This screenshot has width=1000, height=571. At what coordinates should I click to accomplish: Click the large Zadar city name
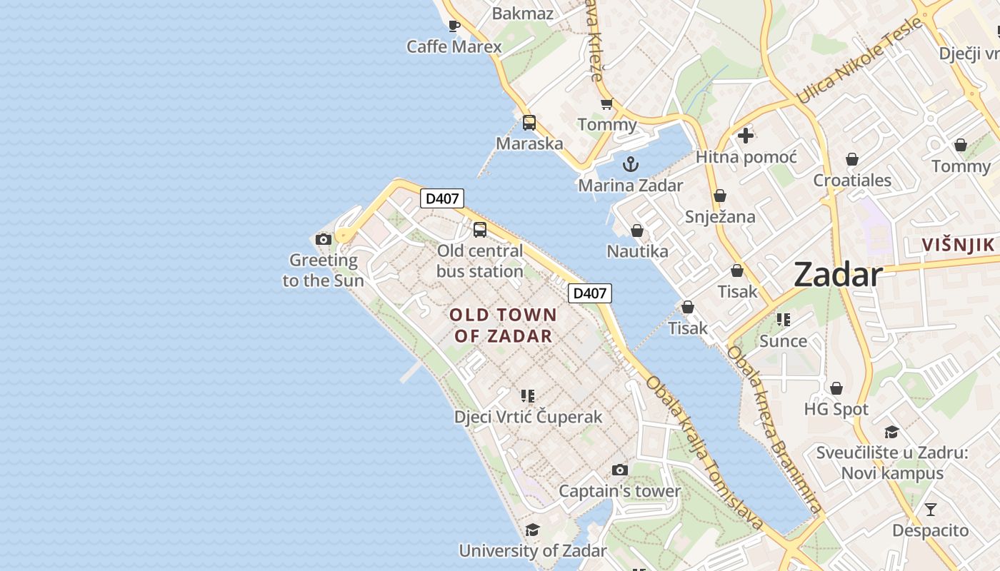click(x=838, y=274)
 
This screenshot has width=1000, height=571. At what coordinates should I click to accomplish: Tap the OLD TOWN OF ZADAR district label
click(x=504, y=325)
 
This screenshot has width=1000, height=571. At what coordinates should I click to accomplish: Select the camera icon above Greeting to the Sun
click(x=324, y=239)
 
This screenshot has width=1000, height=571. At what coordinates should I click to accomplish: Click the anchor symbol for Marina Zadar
click(x=630, y=165)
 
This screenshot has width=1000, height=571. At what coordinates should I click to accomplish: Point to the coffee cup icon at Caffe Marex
click(x=454, y=26)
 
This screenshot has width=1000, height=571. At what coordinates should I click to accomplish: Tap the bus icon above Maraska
click(x=529, y=122)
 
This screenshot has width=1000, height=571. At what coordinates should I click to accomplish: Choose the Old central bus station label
click(x=480, y=261)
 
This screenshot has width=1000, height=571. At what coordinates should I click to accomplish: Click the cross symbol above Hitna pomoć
click(x=746, y=136)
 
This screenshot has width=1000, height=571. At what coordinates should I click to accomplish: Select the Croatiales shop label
click(x=852, y=180)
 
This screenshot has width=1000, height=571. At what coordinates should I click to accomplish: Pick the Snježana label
click(x=720, y=216)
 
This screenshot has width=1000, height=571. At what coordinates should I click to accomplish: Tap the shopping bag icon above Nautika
click(x=637, y=231)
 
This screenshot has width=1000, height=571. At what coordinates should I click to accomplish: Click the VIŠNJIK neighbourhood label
click(x=958, y=245)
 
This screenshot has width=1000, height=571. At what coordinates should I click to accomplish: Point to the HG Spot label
click(x=836, y=409)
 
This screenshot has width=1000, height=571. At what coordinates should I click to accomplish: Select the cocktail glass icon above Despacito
click(x=930, y=510)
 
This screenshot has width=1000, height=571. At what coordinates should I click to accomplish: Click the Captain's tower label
click(x=620, y=491)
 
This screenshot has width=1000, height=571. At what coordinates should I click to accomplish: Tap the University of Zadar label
click(x=533, y=550)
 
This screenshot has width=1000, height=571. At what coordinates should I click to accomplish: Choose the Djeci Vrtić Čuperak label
click(x=529, y=417)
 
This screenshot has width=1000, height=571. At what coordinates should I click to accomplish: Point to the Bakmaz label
click(x=523, y=13)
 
